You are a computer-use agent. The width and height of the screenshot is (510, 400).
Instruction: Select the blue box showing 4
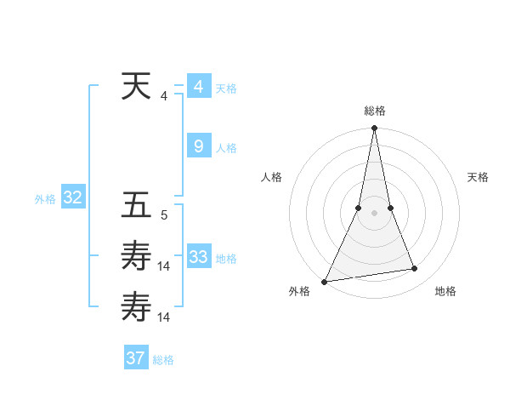(198, 87)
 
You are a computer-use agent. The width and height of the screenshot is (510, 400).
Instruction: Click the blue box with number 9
(198, 146)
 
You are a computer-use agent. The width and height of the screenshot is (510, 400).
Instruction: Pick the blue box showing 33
(198, 257)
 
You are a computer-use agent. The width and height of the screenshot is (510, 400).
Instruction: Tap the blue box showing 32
(73, 198)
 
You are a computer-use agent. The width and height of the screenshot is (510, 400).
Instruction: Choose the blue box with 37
(136, 358)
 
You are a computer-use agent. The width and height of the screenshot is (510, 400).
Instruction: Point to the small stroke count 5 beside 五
(164, 215)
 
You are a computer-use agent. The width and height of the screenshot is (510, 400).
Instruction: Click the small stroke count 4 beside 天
(164, 96)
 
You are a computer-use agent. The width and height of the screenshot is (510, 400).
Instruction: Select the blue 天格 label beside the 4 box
(226, 89)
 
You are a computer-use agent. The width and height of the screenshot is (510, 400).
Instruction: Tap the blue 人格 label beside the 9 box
(226, 148)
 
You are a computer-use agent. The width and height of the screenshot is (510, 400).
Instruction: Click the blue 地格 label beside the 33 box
(226, 259)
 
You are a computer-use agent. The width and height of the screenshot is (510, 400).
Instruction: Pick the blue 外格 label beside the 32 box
(45, 199)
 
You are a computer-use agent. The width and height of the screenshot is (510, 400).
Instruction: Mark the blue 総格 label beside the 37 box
(163, 360)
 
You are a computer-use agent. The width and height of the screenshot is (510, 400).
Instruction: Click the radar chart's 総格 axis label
(374, 111)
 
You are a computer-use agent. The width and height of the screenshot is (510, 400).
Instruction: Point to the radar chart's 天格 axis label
(479, 177)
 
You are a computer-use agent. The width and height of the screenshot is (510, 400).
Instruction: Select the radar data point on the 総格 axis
(374, 129)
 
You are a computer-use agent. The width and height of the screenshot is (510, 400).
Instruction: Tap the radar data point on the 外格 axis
(324, 281)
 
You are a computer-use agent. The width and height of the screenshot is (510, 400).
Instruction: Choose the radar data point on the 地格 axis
(415, 269)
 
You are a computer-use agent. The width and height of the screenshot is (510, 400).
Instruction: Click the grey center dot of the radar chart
(374, 213)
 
